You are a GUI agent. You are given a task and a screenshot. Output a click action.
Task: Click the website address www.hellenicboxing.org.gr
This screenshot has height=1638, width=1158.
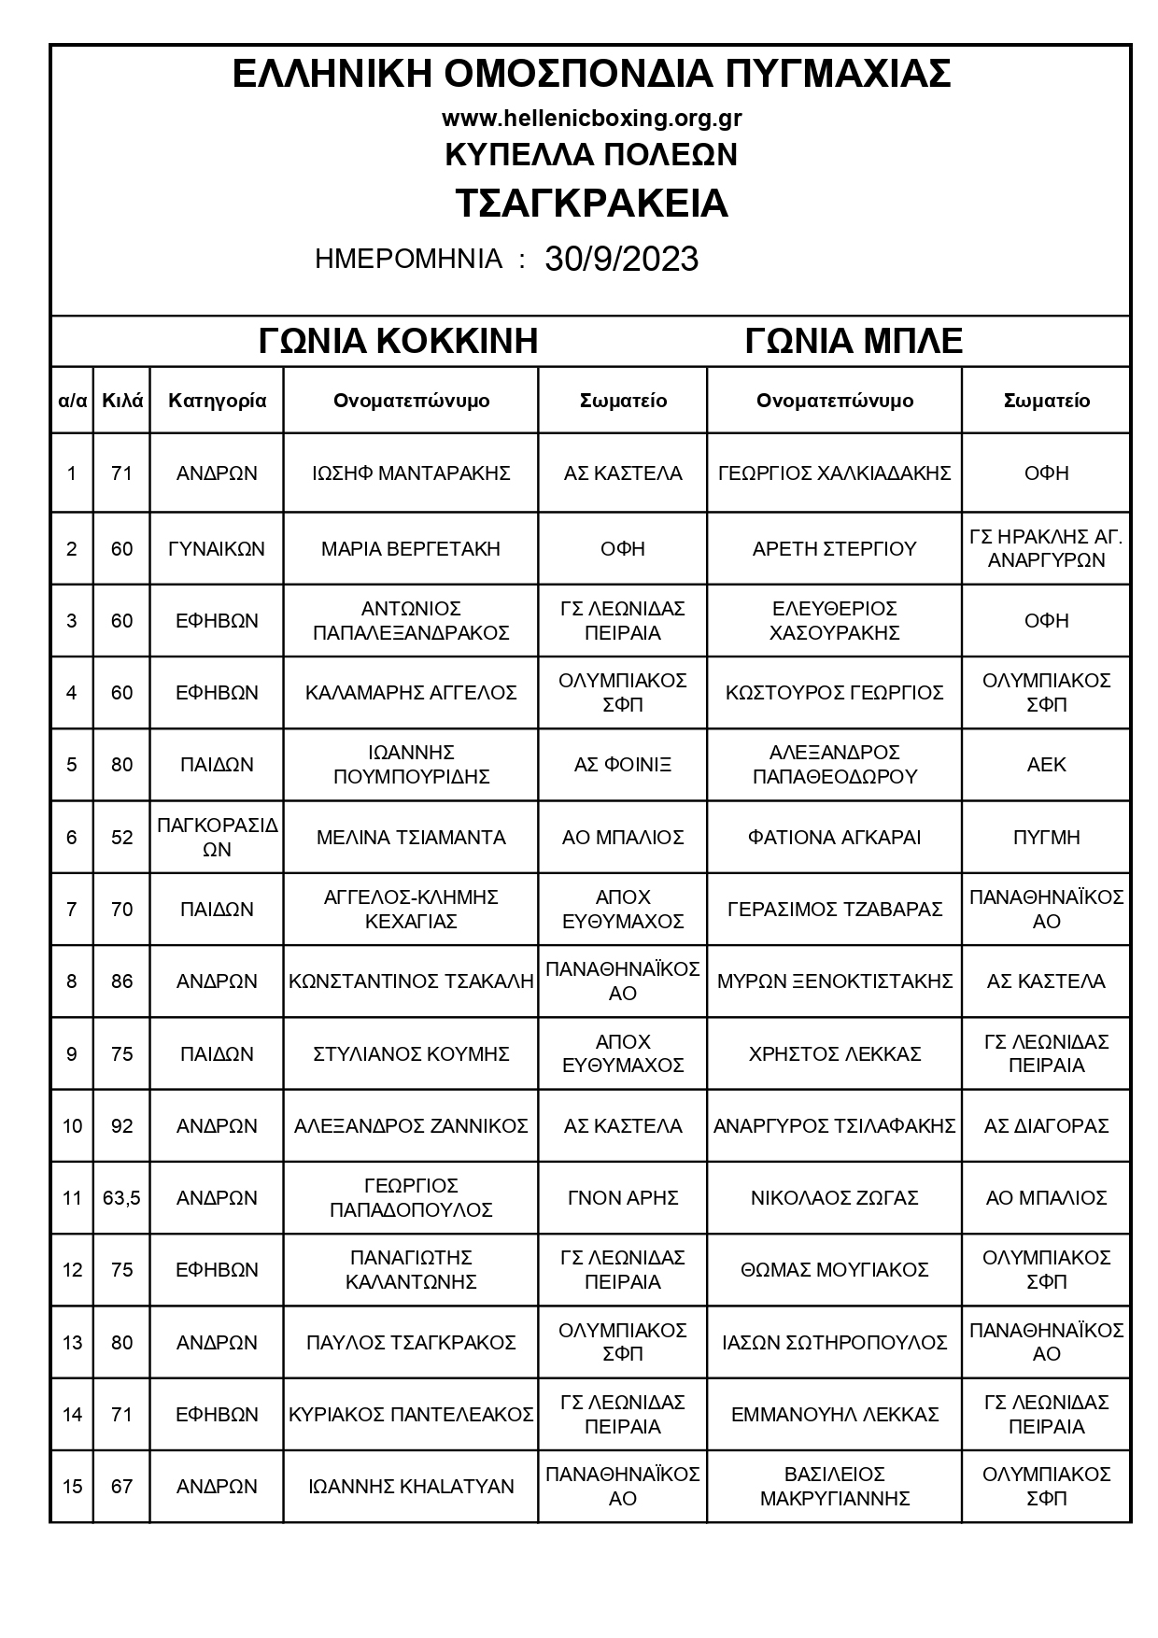(x=591, y=119)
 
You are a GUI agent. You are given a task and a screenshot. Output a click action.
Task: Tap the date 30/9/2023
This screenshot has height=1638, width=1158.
(x=621, y=259)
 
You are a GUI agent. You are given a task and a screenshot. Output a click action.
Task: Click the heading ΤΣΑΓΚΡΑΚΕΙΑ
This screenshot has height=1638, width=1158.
(x=591, y=204)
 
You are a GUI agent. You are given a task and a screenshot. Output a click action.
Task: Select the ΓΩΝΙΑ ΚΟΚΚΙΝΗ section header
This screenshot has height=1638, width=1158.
(x=398, y=341)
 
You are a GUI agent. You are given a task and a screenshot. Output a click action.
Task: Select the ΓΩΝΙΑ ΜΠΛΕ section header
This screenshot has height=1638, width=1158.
(x=854, y=341)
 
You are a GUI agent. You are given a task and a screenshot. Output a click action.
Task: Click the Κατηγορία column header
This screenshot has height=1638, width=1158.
(x=217, y=401)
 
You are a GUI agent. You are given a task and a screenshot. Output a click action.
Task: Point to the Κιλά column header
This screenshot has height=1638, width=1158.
(x=122, y=401)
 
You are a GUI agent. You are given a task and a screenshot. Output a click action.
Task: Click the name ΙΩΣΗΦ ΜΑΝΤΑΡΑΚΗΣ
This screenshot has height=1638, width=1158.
(x=411, y=473)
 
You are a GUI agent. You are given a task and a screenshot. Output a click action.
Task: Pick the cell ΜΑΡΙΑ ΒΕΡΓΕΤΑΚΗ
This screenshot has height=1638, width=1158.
(x=411, y=548)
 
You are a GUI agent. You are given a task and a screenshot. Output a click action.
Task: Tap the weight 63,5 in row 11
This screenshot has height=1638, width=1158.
(x=122, y=1197)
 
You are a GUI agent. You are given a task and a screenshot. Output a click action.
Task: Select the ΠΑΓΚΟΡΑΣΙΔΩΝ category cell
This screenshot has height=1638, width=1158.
(x=217, y=837)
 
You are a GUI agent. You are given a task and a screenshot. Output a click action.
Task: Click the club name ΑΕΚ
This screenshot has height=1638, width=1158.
(x=1046, y=765)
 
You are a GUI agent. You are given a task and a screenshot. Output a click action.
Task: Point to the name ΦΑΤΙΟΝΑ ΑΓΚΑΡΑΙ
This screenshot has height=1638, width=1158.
(x=834, y=837)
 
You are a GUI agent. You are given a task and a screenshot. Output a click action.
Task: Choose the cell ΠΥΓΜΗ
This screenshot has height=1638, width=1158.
(x=1046, y=837)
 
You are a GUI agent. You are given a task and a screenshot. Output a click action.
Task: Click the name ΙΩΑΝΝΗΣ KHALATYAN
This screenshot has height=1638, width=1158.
(x=411, y=1486)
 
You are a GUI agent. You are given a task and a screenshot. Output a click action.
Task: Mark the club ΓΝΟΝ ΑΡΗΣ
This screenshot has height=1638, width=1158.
(x=623, y=1197)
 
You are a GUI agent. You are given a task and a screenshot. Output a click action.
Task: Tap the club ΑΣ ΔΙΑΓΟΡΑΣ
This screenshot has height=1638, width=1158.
(x=1046, y=1125)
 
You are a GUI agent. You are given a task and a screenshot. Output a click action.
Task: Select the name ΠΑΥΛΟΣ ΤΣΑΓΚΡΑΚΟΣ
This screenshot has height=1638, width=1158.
(x=411, y=1342)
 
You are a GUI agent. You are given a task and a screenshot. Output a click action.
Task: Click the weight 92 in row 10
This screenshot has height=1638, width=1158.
(x=122, y=1125)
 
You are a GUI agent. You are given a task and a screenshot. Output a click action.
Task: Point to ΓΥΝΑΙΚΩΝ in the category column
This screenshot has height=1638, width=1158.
(x=217, y=548)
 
